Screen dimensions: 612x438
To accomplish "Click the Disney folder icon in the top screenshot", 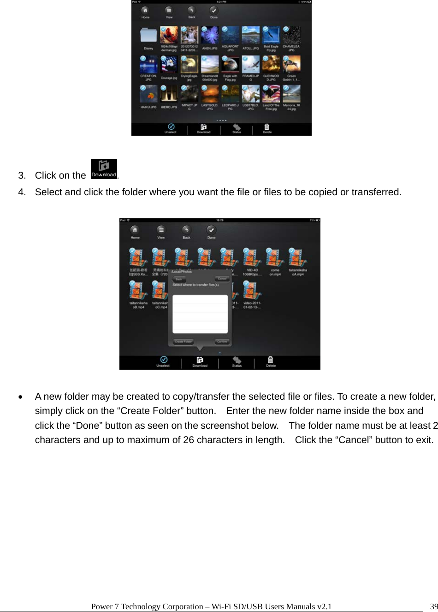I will (x=148, y=36).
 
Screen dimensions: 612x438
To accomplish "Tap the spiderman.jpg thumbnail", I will (x=169, y=35).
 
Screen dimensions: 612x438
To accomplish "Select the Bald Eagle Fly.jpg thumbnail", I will (x=271, y=35).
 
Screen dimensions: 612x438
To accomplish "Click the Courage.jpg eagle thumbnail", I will (x=169, y=65).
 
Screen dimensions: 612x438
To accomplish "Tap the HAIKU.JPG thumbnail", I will (x=148, y=94).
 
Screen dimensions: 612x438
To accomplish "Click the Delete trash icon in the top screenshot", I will (x=267, y=127).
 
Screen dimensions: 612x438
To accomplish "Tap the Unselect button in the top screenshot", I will (x=171, y=127).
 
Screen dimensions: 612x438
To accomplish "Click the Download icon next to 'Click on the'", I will (x=104, y=169).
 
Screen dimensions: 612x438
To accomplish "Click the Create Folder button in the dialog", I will (x=183, y=342).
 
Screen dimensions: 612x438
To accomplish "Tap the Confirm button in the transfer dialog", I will (x=222, y=342).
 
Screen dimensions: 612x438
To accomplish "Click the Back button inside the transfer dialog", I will (x=179, y=279).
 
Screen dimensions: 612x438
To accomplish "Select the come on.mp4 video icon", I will (x=275, y=258).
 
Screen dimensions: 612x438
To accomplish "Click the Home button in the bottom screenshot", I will (x=135, y=231).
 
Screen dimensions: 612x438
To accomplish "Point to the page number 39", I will (x=433, y=606).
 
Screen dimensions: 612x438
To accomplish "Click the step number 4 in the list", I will (x=21, y=192).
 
